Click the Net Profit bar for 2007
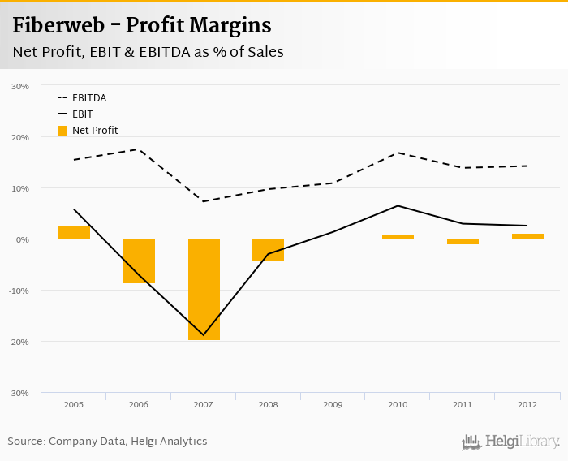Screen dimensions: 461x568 tap(204, 289)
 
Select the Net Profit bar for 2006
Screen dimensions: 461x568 tap(139, 261)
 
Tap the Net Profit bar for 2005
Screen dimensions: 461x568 tap(74, 233)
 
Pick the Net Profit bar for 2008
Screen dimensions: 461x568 tap(268, 250)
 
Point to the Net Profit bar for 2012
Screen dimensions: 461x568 tap(527, 236)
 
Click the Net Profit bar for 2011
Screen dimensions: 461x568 tap(463, 242)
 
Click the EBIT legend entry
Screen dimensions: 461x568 tap(82, 114)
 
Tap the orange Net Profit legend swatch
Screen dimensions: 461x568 tap(62, 130)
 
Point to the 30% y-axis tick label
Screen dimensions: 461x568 tap(21, 86)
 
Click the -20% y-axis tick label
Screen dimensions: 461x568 tap(19, 342)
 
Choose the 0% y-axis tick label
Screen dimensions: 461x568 tap(24, 239)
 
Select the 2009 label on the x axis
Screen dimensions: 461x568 tap(333, 404)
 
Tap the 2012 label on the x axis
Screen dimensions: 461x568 tap(527, 404)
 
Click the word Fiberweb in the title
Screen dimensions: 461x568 tap(57, 26)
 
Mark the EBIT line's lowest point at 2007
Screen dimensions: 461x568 tap(204, 335)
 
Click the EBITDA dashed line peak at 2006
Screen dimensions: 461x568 tap(139, 149)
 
